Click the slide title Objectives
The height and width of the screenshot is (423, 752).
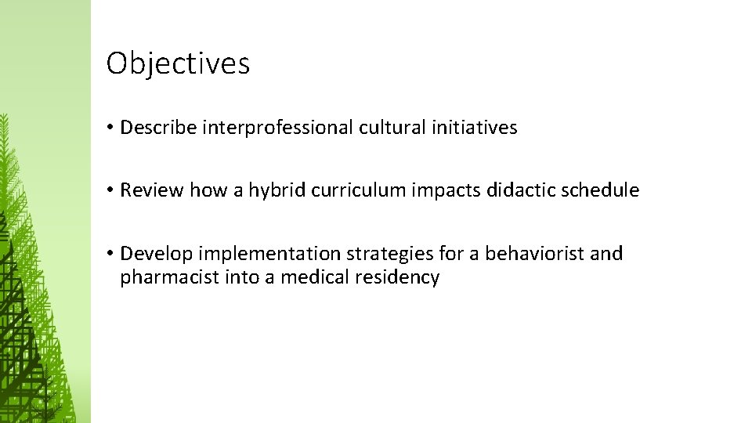tap(178, 63)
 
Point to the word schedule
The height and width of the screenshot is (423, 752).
tap(599, 190)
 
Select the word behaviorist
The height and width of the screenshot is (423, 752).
tap(534, 254)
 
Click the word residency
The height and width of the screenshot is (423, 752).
tap(401, 277)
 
